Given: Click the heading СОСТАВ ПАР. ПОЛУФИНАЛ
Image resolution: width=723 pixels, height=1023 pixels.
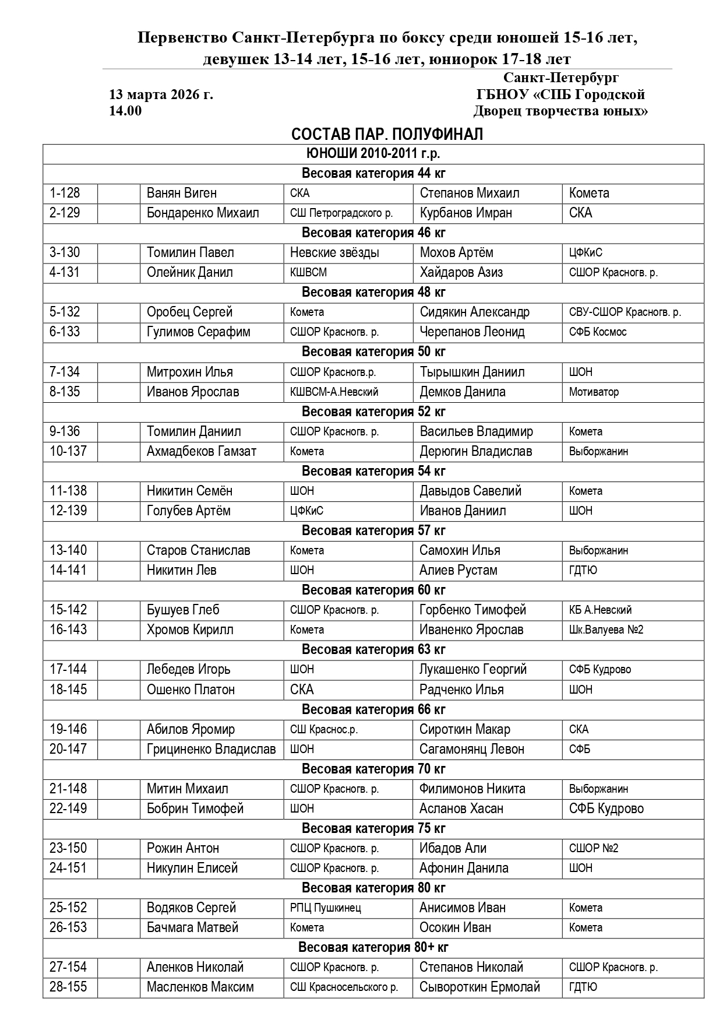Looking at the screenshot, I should click(x=387, y=135).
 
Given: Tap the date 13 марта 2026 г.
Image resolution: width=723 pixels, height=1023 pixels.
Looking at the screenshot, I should click(x=161, y=94).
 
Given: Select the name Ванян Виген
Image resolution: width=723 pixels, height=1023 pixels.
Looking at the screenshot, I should click(x=181, y=193).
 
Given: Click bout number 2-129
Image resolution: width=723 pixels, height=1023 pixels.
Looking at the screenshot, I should click(x=65, y=213).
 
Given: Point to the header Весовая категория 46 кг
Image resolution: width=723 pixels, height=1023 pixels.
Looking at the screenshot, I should click(x=373, y=233).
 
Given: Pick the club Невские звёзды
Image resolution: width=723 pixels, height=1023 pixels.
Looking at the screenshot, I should click(x=334, y=252).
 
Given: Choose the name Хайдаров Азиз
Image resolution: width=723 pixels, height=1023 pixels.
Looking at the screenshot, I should click(x=461, y=272).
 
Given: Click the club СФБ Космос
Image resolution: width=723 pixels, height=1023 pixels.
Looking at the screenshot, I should click(x=597, y=332).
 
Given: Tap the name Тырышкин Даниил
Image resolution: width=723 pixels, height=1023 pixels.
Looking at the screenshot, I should click(x=472, y=372).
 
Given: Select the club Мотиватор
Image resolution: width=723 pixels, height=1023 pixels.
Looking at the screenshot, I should click(x=594, y=392).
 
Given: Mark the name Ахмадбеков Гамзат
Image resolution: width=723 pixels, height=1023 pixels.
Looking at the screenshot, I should click(x=201, y=451).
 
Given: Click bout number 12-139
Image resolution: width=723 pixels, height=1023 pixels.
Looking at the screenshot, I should click(x=68, y=511).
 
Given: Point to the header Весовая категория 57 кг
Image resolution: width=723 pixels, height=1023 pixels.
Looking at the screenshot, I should click(x=373, y=530).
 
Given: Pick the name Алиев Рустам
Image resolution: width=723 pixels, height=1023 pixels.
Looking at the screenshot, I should click(x=458, y=570).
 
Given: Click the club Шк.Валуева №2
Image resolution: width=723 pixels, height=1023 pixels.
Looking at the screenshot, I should click(x=606, y=630).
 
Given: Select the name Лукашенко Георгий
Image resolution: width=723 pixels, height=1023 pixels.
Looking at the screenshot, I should click(x=472, y=669).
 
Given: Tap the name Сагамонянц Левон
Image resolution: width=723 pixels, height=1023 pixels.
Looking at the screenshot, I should click(x=471, y=749).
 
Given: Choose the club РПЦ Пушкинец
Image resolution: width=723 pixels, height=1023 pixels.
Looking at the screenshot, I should click(x=325, y=908).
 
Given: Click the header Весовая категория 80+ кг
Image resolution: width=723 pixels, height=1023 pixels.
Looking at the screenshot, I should click(x=373, y=947).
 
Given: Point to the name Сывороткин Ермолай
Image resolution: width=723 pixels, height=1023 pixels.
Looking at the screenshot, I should click(x=479, y=987).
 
